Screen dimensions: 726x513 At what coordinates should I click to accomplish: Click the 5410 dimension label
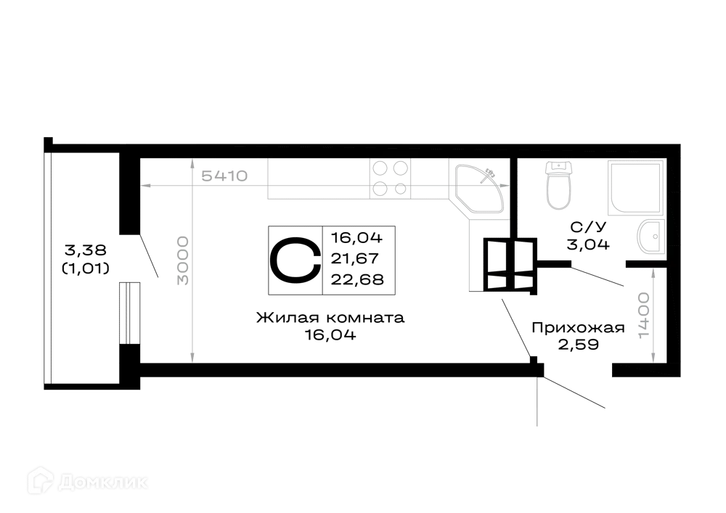(x=224, y=176)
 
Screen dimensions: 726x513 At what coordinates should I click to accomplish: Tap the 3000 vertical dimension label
(x=184, y=260)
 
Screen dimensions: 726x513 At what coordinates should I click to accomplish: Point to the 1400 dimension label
(x=644, y=316)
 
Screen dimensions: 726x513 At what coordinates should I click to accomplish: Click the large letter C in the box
(x=295, y=260)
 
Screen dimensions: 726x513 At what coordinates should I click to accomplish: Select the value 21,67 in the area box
(x=355, y=258)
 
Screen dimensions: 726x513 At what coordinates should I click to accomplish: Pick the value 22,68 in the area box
(x=357, y=279)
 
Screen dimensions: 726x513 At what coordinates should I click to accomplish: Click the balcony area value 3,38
(x=86, y=250)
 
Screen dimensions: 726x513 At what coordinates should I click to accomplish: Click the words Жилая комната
(x=330, y=318)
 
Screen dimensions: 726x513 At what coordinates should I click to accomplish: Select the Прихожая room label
(x=579, y=328)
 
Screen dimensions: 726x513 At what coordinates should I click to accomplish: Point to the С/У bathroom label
(x=588, y=227)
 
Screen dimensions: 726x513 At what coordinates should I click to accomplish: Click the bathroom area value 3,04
(x=588, y=244)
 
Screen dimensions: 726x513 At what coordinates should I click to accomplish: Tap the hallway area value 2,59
(x=579, y=345)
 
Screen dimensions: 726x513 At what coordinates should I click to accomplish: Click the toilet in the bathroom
(x=558, y=185)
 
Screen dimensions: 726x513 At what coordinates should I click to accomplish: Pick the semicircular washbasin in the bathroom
(x=650, y=237)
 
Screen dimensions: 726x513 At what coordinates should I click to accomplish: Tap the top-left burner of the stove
(x=380, y=168)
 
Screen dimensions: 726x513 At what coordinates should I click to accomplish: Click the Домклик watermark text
(x=104, y=483)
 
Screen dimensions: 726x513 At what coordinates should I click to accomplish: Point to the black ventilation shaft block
(x=510, y=266)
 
